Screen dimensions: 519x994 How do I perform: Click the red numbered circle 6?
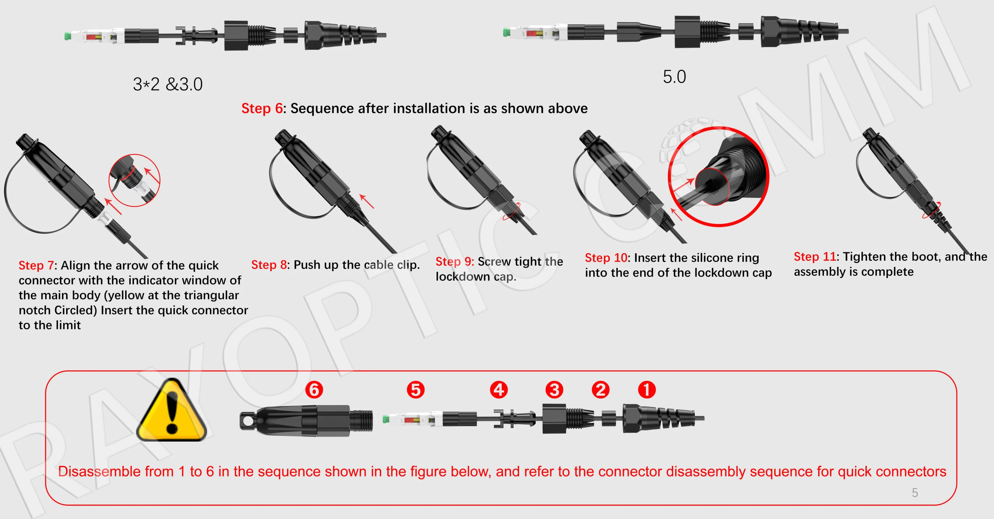(x=314, y=390)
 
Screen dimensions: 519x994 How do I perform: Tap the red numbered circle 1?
(x=647, y=390)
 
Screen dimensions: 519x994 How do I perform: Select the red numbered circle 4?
(x=499, y=390)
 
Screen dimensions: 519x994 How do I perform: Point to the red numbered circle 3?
(x=554, y=390)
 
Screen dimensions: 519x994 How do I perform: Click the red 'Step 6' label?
(x=262, y=108)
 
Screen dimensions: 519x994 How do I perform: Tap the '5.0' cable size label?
(x=674, y=77)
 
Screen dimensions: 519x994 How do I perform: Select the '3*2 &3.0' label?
(x=167, y=84)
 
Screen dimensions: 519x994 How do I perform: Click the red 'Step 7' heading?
(x=36, y=266)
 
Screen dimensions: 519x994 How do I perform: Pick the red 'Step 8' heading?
(x=269, y=265)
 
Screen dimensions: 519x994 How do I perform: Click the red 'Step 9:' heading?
(x=454, y=262)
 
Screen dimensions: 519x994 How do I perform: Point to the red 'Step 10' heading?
(x=606, y=258)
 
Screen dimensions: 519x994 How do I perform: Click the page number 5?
(x=914, y=493)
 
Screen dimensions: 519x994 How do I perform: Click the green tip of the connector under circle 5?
(x=385, y=419)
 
